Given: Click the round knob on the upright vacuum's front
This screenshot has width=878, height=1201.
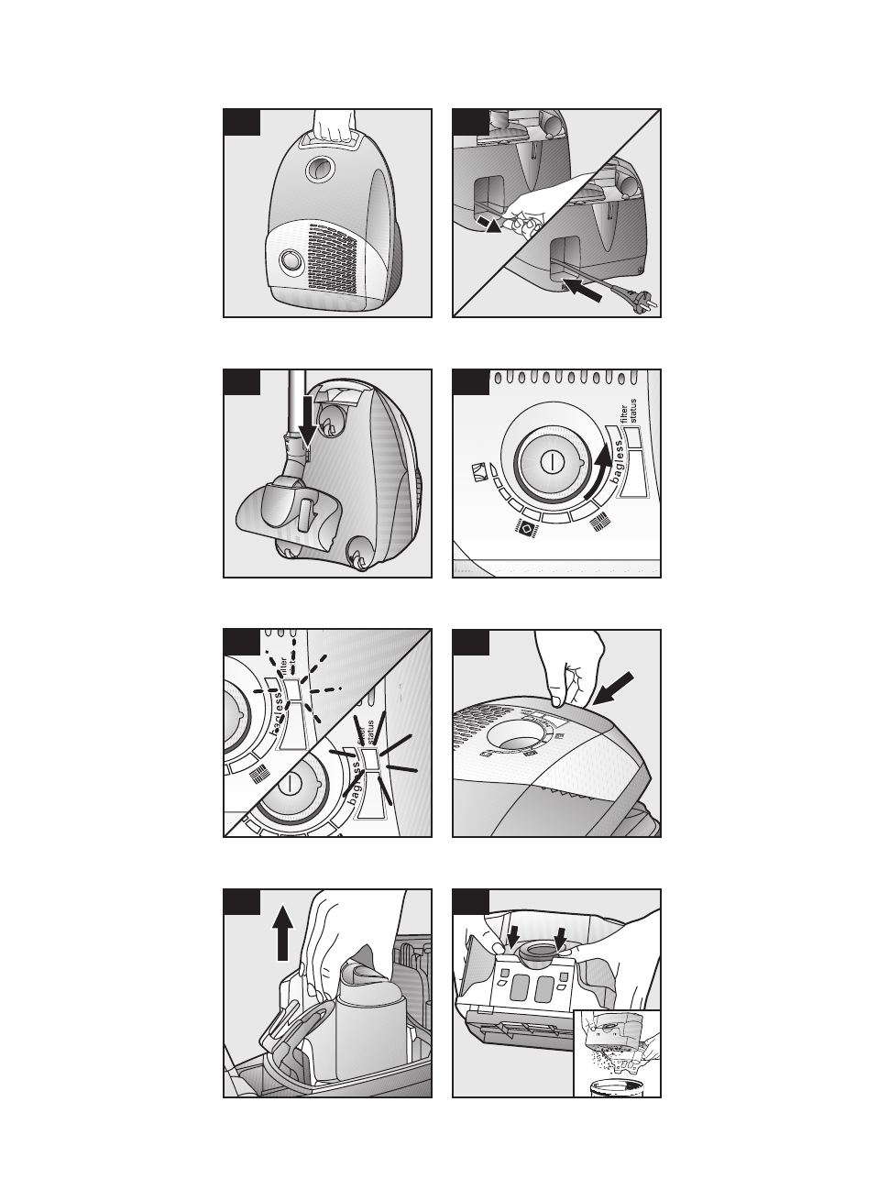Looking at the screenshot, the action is [291, 260].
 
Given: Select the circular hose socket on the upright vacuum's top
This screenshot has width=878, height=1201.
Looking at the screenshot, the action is [321, 166].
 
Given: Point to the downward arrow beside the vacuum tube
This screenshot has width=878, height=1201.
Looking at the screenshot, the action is [308, 430].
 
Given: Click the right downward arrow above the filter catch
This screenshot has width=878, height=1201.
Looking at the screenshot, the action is [561, 939].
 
